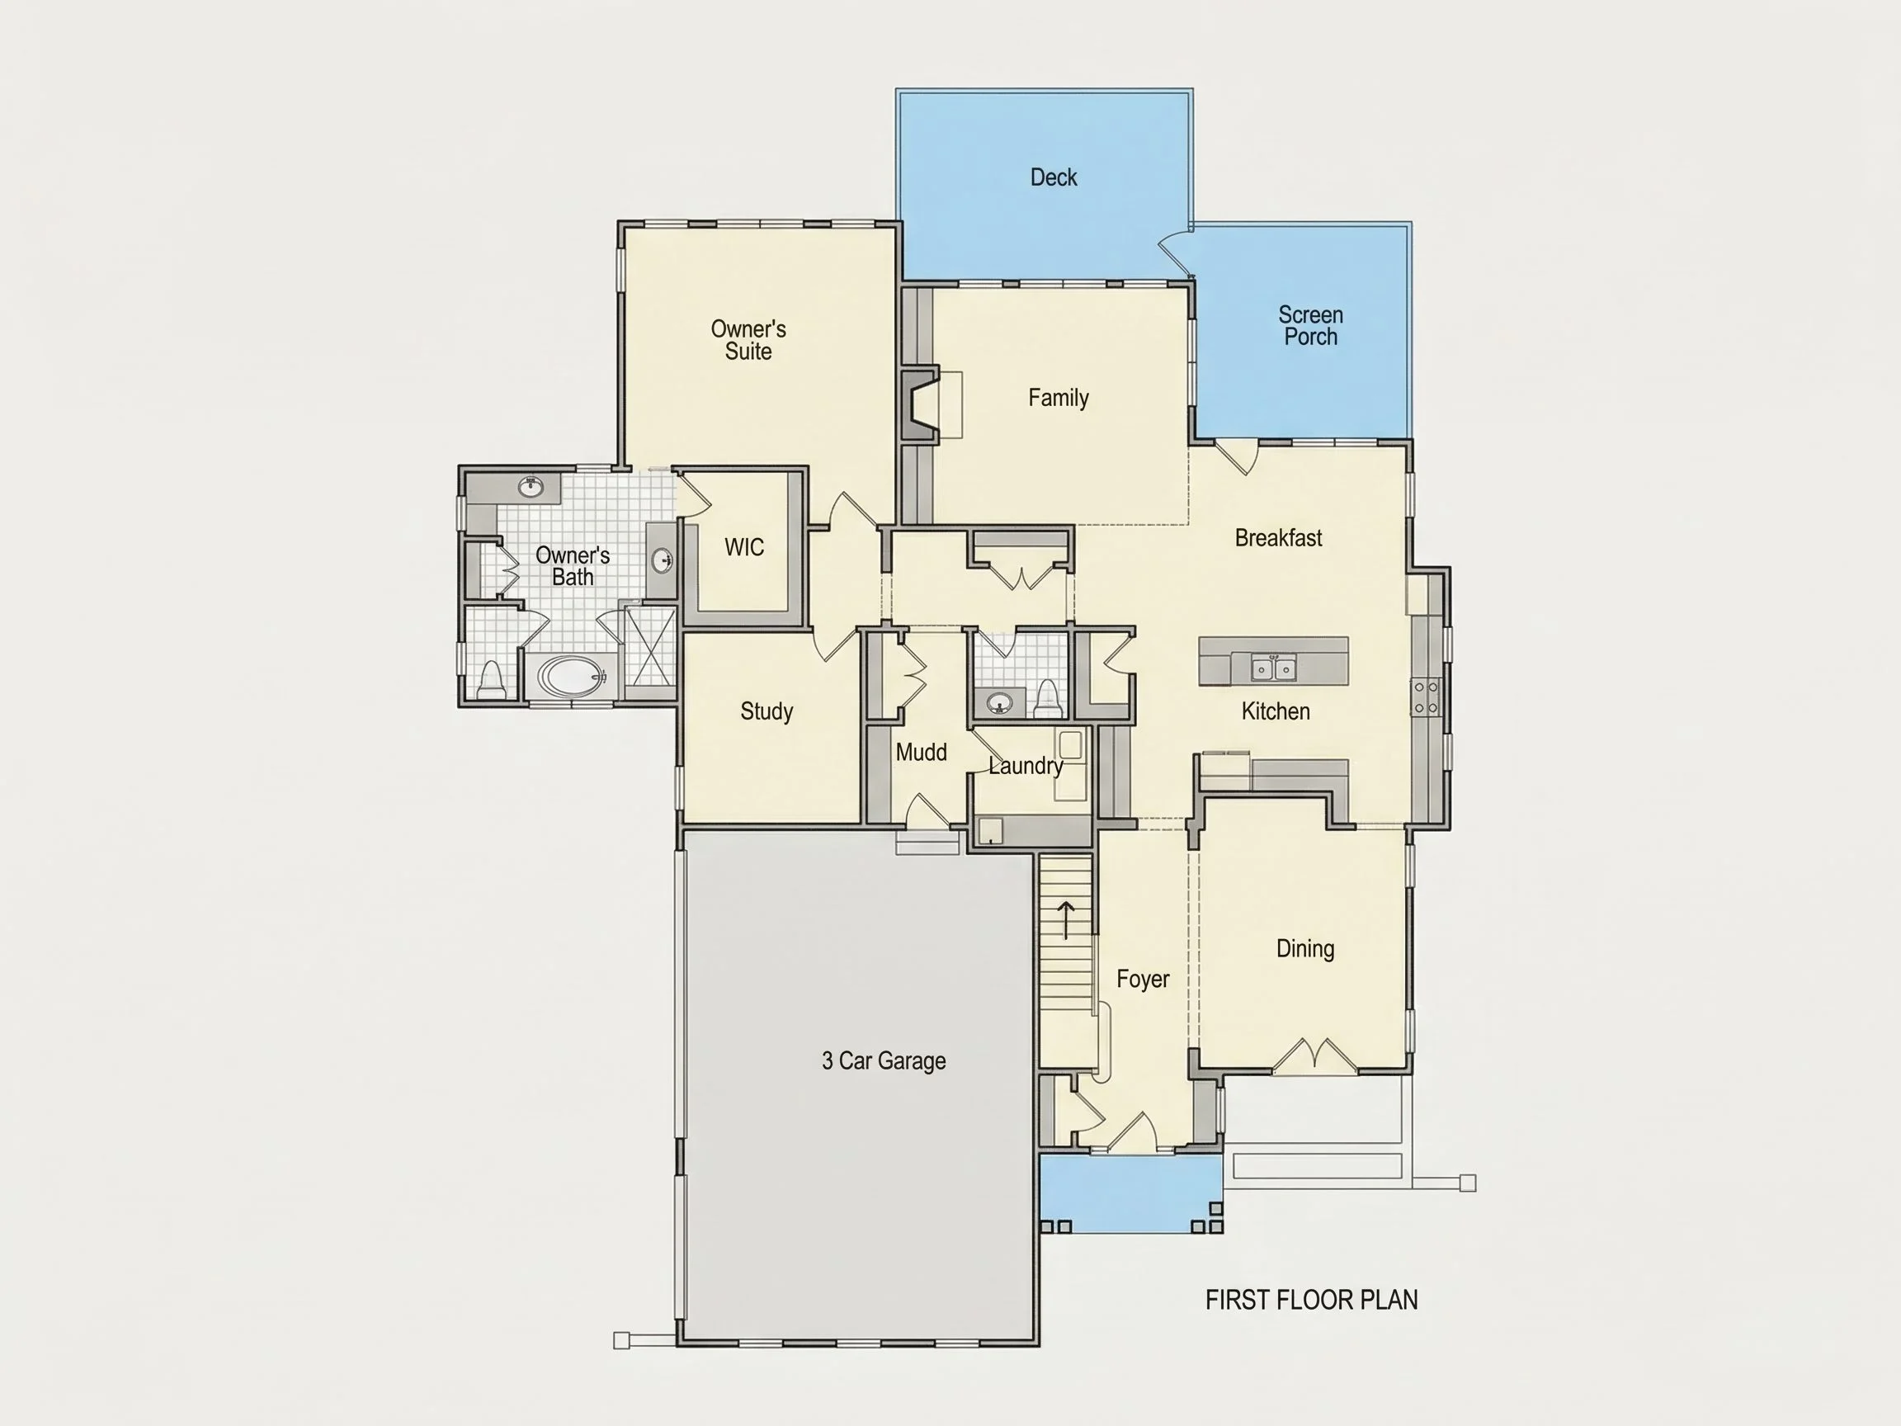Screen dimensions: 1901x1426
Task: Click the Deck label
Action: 1054,177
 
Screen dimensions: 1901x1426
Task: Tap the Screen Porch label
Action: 1310,326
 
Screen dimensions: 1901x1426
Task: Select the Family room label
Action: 1059,398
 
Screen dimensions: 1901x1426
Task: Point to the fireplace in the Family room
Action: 921,405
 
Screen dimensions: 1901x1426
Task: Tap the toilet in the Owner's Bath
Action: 491,680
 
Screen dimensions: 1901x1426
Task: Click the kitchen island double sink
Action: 1274,667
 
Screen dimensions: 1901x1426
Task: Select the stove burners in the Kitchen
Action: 1426,696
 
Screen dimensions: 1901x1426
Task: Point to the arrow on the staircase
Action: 1067,920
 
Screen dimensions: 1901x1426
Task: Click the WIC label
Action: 744,547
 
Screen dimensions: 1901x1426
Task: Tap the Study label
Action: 767,711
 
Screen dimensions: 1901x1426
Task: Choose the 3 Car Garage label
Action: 884,1060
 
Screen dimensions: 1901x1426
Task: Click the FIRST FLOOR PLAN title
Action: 1311,1300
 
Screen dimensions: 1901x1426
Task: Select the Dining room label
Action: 1305,949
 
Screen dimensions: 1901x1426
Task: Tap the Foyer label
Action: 1143,979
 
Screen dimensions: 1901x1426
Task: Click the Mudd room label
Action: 922,752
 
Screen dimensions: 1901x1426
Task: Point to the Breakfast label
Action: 1279,538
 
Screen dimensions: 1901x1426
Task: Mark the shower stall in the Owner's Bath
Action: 649,646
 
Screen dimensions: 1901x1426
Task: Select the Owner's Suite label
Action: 748,339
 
